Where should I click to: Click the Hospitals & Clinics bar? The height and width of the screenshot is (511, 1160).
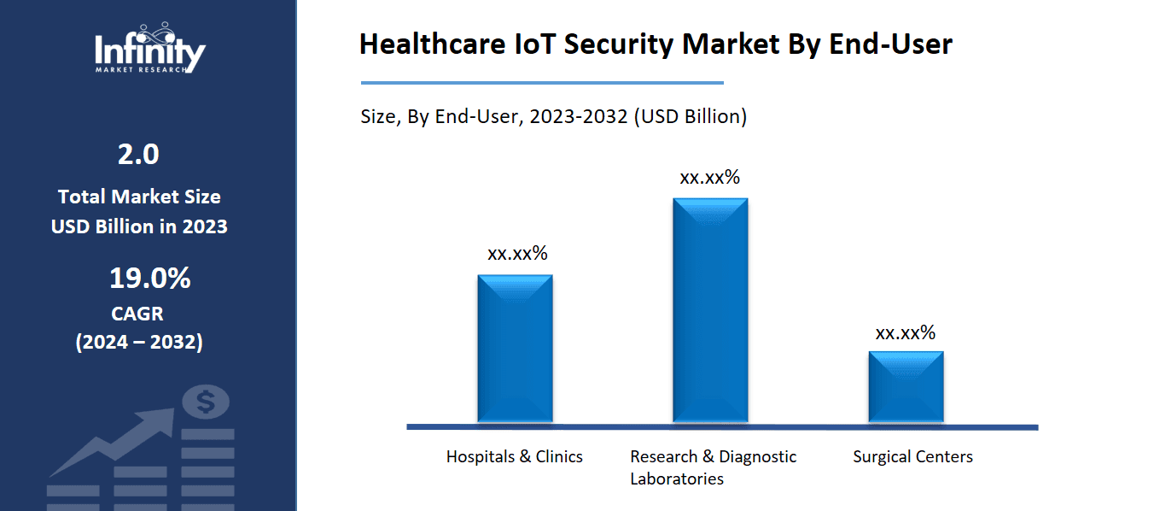pyautogui.click(x=515, y=349)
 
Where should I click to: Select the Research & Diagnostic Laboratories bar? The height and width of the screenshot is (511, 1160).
pyautogui.click(x=710, y=310)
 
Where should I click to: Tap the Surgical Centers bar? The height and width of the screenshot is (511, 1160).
pyautogui.click(x=906, y=386)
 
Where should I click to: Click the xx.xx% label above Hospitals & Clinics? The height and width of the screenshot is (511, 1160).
pyautogui.click(x=517, y=254)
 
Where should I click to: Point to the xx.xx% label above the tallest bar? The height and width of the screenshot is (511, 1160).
pyautogui.click(x=709, y=178)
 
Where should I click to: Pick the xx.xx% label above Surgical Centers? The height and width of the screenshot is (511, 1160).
pyautogui.click(x=905, y=333)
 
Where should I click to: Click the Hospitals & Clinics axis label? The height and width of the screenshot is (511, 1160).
pyautogui.click(x=514, y=457)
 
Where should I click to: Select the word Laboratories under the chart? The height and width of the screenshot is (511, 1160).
pyautogui.click(x=677, y=479)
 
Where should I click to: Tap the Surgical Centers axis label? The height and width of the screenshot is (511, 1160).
pyautogui.click(x=912, y=457)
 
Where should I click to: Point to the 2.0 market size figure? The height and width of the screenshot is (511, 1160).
pyautogui.click(x=138, y=155)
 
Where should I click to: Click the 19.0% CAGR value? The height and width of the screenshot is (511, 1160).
pyautogui.click(x=149, y=279)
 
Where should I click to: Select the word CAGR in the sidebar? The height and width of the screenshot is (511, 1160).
pyautogui.click(x=137, y=314)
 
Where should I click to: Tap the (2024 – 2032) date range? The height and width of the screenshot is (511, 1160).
pyautogui.click(x=139, y=343)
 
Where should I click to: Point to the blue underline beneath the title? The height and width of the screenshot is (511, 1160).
pyautogui.click(x=542, y=83)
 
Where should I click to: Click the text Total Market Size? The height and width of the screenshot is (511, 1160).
pyautogui.click(x=139, y=197)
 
